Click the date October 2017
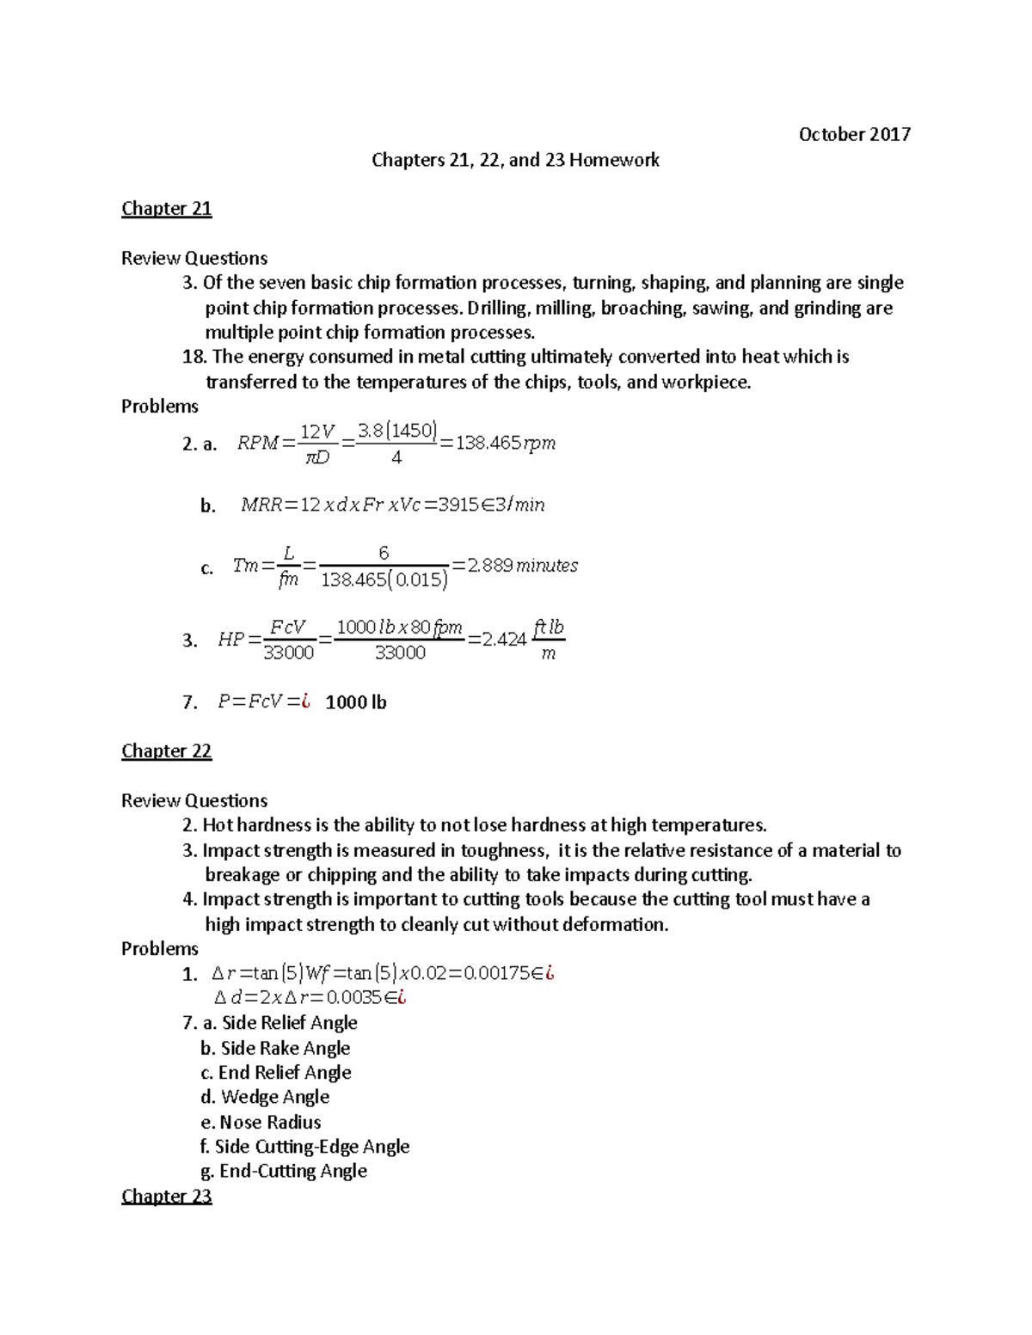pyautogui.click(x=854, y=134)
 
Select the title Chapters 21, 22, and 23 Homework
pyautogui.click(x=515, y=160)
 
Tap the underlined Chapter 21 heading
pyautogui.click(x=166, y=209)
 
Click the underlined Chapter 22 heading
pyautogui.click(x=166, y=751)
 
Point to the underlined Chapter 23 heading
pyautogui.click(x=166, y=1196)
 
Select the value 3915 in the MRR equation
pyautogui.click(x=458, y=505)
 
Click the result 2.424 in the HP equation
pyautogui.click(x=504, y=640)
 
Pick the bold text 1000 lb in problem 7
pyautogui.click(x=356, y=702)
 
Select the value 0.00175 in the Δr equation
pyautogui.click(x=492, y=974)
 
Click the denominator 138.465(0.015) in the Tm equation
pyautogui.click(x=384, y=580)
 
